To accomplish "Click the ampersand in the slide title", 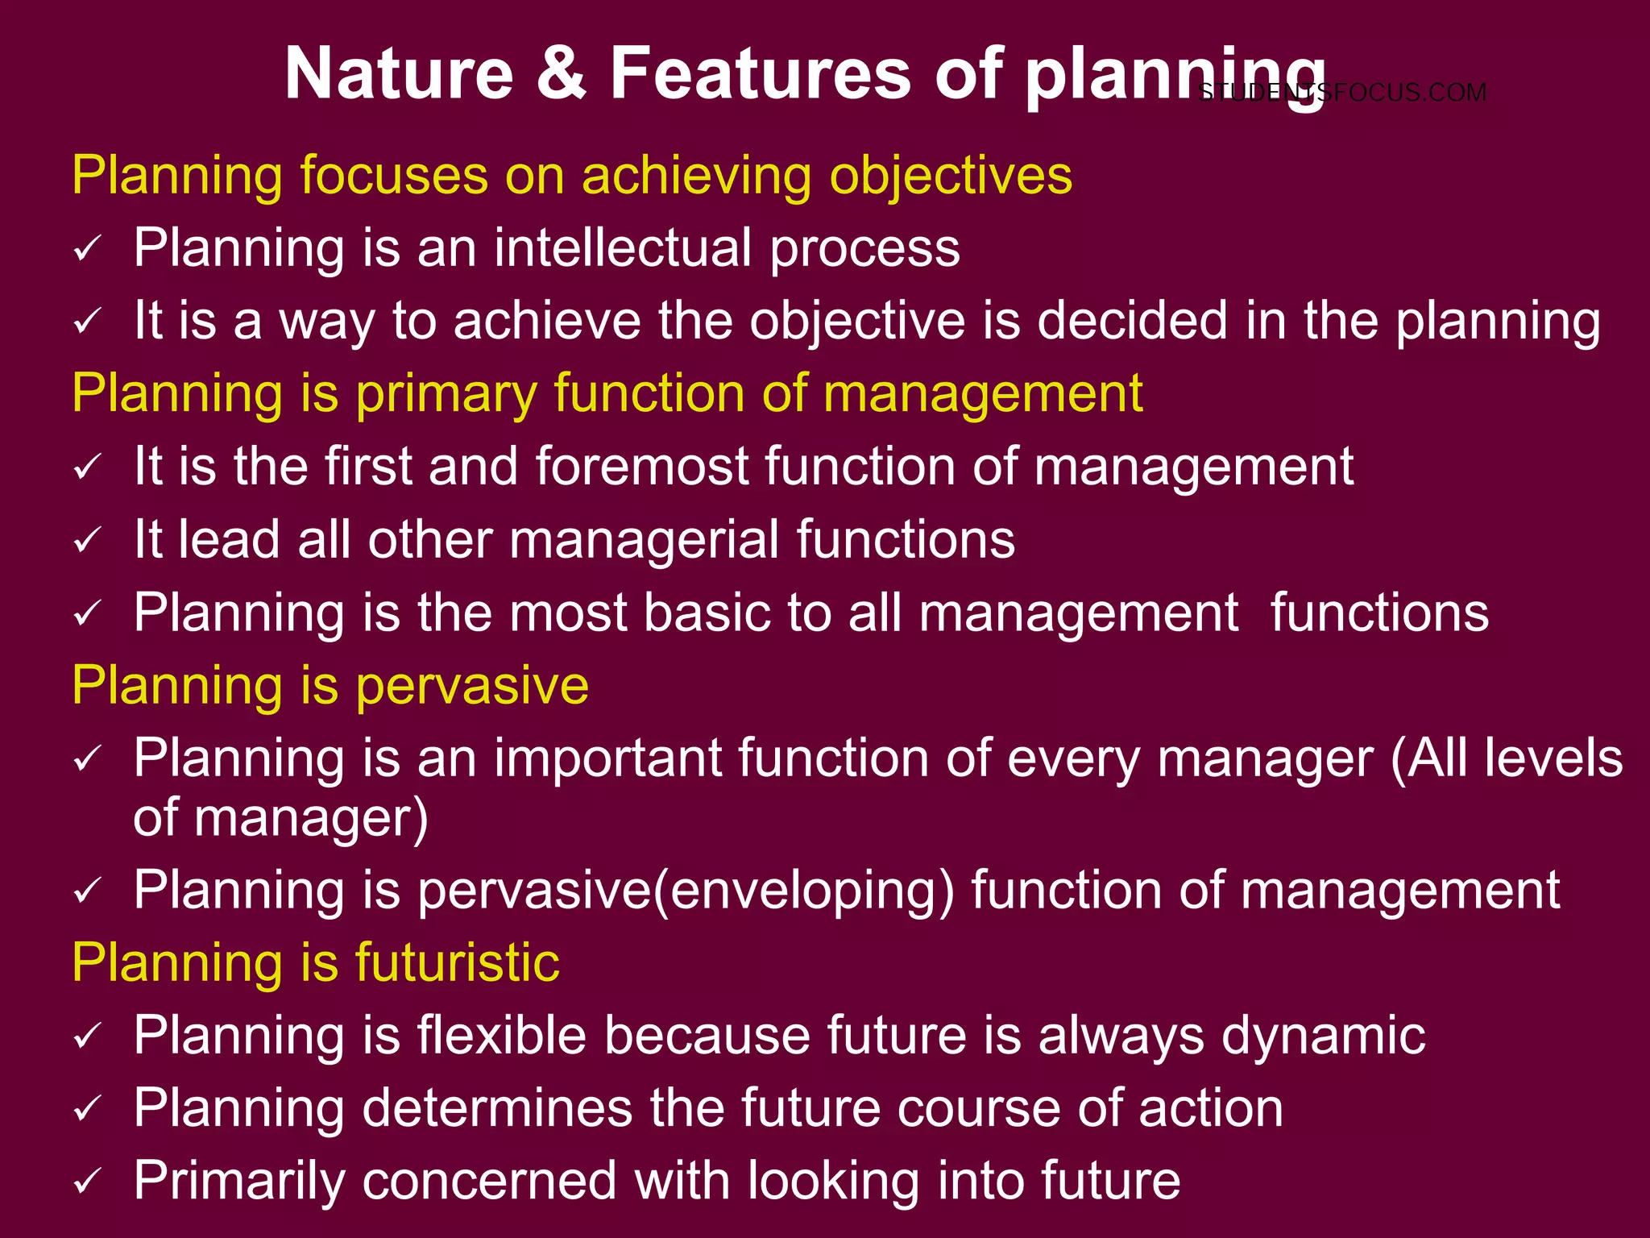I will point(562,73).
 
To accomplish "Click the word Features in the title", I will point(761,73).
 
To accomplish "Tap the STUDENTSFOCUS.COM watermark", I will point(1342,93).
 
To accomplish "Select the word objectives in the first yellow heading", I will point(951,175).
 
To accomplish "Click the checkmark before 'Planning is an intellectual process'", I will point(87,248).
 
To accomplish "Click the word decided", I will point(1132,321).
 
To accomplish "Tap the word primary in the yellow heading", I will point(446,394).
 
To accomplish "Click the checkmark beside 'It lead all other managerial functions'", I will point(87,540).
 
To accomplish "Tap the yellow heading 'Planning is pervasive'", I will point(330,686).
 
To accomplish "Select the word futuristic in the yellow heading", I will point(457,962).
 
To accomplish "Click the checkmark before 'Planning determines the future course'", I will point(87,1110).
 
